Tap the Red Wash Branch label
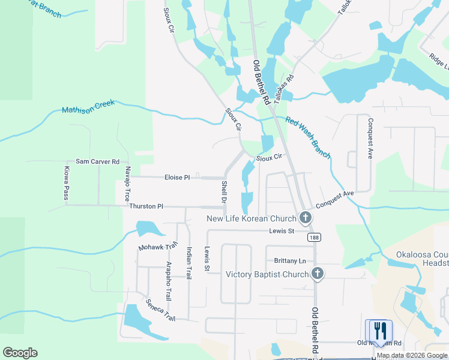pyautogui.click(x=308, y=137)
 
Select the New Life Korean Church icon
pyautogui.click(x=306, y=218)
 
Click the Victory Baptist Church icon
pyautogui.click(x=318, y=274)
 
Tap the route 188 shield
pyautogui.click(x=314, y=238)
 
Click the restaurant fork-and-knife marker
pyautogui.click(x=379, y=331)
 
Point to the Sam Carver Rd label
pyautogui.click(x=98, y=162)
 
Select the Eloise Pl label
pyautogui.click(x=177, y=178)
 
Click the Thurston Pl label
pyautogui.click(x=146, y=206)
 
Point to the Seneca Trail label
pyautogui.click(x=161, y=310)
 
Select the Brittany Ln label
pyautogui.click(x=290, y=260)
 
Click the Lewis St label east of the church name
pyautogui.click(x=282, y=231)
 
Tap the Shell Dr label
pyautogui.click(x=224, y=192)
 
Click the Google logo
pyautogui.click(x=20, y=353)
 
